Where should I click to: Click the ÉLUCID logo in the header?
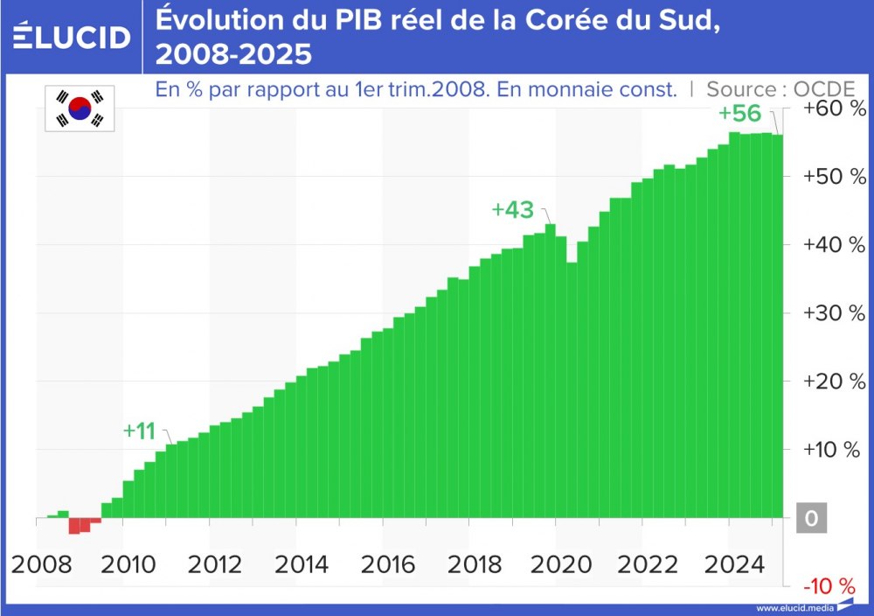coord(72,37)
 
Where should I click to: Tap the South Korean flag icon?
coord(80,108)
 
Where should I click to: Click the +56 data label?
coord(739,115)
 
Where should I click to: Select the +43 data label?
coord(512,210)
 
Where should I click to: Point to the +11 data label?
coord(139,431)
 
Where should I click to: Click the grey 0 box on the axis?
coord(811,519)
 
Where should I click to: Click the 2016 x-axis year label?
coord(390,564)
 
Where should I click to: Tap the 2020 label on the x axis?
coord(565,564)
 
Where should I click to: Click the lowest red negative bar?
coord(74,526)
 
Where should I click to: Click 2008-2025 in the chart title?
coord(233,54)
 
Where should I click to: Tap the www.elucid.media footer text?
coord(794,608)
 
